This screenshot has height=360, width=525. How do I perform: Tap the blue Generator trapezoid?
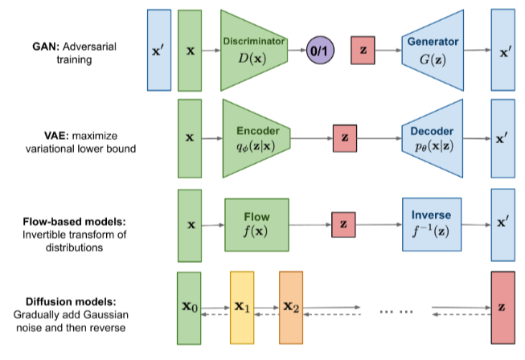pos(433,49)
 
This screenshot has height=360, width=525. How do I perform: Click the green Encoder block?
pos(255,137)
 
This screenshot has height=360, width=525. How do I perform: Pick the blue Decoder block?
pos(433,137)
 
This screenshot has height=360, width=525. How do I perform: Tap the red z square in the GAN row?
pos(364,50)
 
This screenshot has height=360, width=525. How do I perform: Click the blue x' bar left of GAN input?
pos(159,50)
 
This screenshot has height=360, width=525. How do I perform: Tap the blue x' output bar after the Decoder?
pos(502,137)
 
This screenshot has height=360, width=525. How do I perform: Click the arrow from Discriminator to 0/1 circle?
pos(296,50)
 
